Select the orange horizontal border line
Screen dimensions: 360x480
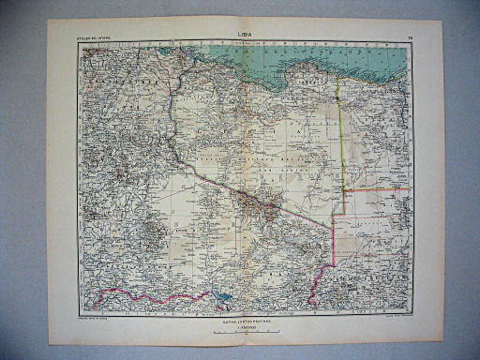click(x=375, y=188)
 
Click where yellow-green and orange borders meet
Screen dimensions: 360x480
click(x=342, y=188)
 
